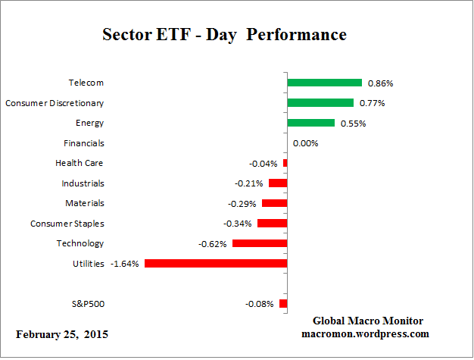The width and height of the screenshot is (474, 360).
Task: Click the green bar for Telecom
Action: [x=324, y=83]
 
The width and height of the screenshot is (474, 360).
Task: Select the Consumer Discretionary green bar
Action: [x=320, y=102]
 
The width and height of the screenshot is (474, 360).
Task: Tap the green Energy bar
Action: [x=310, y=123]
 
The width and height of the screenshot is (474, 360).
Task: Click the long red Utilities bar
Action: [x=216, y=264]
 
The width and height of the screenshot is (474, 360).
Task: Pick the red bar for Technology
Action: [x=260, y=243]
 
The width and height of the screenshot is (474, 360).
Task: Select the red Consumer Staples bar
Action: [x=272, y=224]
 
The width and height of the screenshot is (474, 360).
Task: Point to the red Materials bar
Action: [x=274, y=203]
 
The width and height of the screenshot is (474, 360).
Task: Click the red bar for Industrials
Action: [x=278, y=183]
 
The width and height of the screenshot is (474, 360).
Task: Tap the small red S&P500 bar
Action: [x=283, y=304]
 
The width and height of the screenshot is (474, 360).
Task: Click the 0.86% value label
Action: [x=379, y=83]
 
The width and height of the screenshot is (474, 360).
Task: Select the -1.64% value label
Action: [x=125, y=264]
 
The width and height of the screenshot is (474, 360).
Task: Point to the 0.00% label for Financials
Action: [x=305, y=143]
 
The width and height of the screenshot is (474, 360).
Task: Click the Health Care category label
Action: [x=80, y=163]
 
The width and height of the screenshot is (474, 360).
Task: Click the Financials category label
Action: [x=84, y=142]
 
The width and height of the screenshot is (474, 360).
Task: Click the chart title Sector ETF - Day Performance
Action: [x=224, y=35]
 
